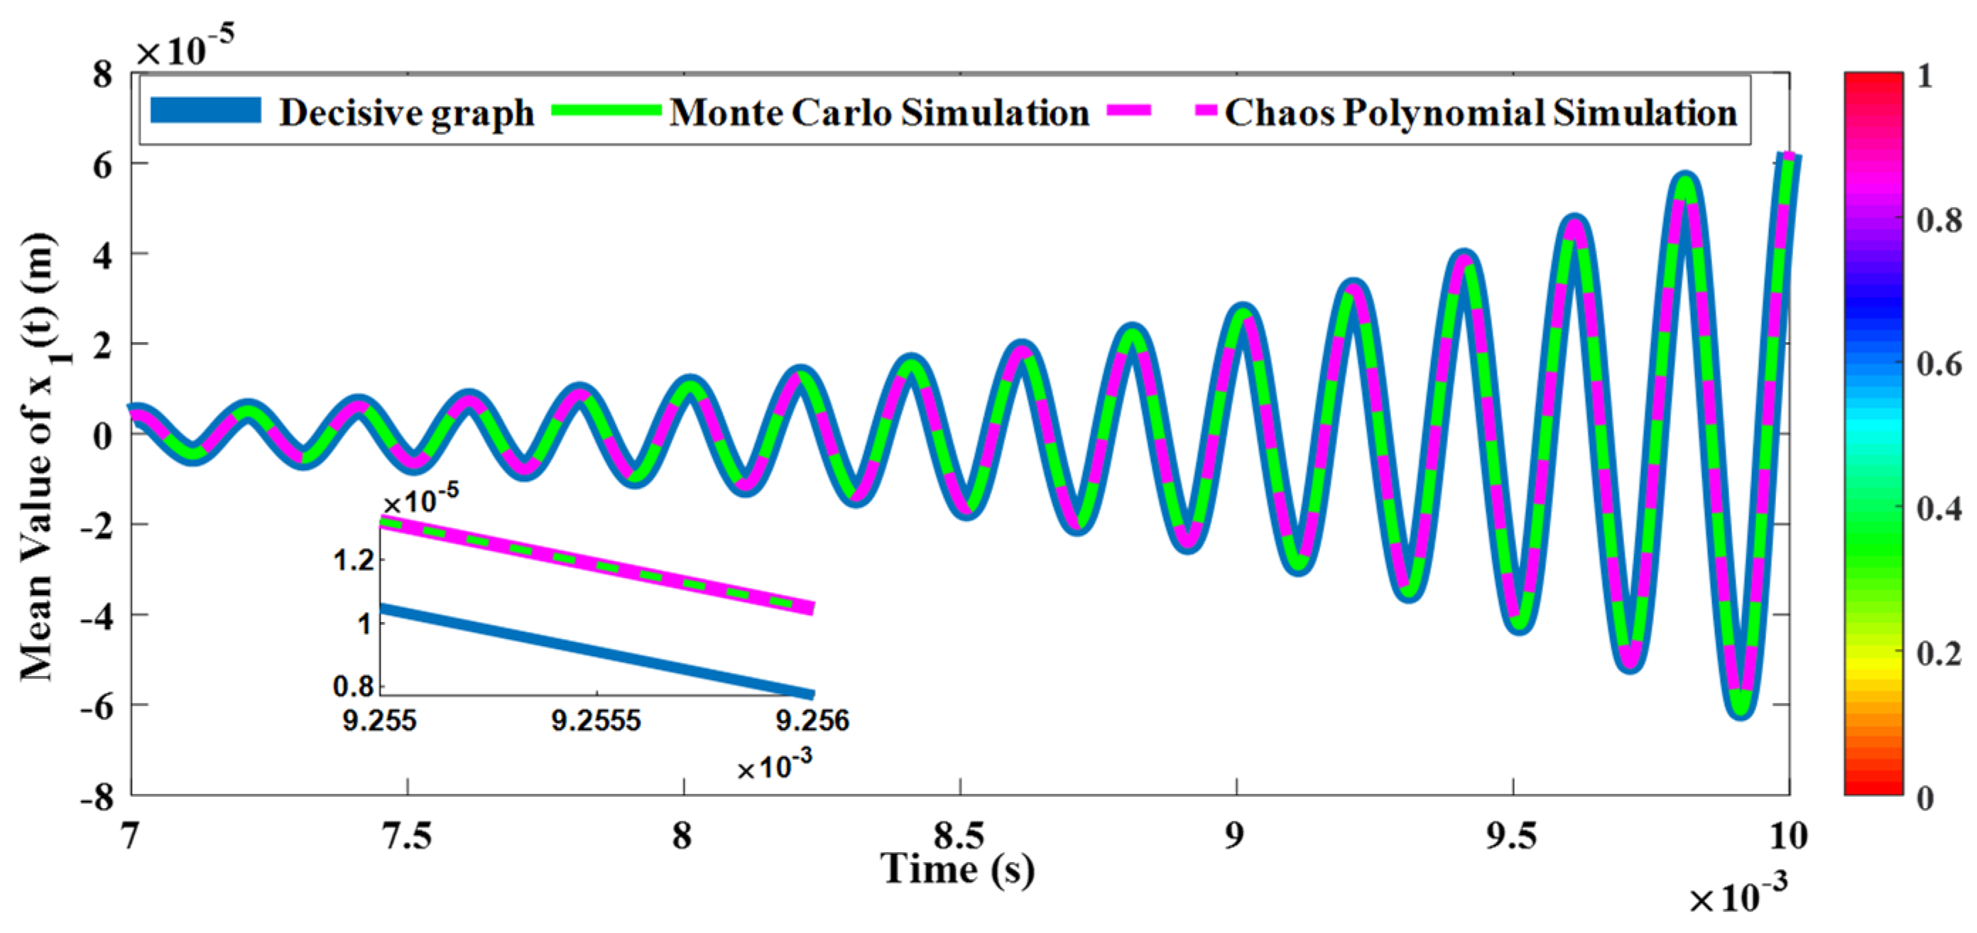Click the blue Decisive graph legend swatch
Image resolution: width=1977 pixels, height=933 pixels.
point(206,111)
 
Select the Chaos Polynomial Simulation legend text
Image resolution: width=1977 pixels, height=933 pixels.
point(1481,113)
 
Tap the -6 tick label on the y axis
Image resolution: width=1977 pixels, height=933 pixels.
point(97,706)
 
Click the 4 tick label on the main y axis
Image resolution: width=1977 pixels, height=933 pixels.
point(103,254)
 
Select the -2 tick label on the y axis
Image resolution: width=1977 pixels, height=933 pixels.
point(97,525)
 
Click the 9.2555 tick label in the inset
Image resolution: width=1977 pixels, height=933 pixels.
point(597,721)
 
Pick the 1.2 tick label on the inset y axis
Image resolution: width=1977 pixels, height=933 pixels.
point(354,560)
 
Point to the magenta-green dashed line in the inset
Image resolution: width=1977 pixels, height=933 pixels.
point(597,566)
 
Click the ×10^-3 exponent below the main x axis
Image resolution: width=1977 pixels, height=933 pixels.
point(1738,895)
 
